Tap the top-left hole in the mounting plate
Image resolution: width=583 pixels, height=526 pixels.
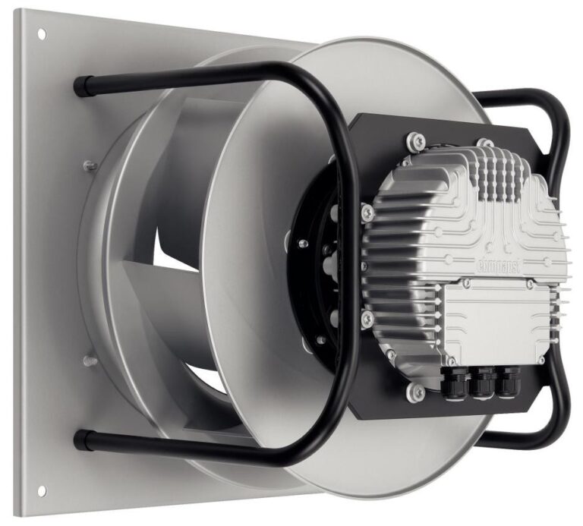point(41,34)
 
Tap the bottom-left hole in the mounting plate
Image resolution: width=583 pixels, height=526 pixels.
point(41,490)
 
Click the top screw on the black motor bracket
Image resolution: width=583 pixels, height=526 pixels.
point(413,140)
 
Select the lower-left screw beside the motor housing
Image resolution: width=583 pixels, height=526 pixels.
point(367,317)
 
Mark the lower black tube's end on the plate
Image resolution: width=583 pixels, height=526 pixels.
point(80,438)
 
